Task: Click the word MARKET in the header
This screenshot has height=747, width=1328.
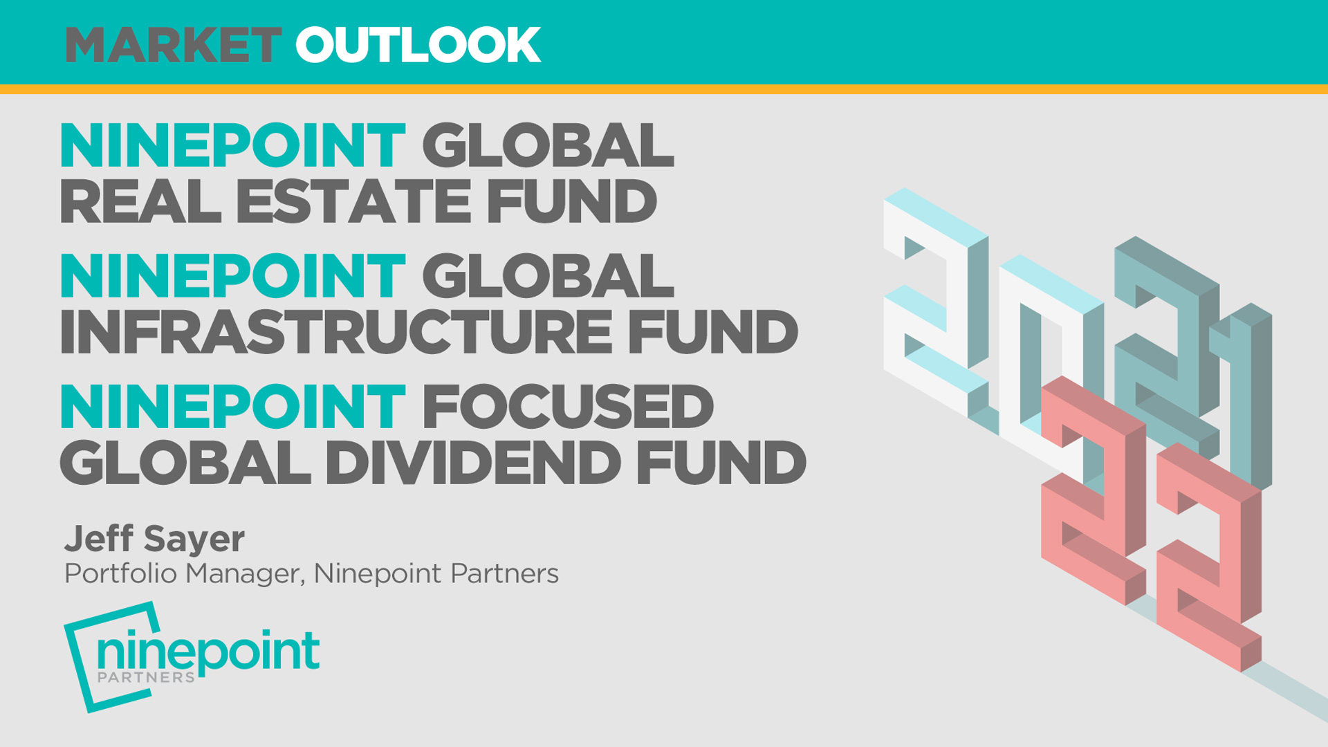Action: (x=173, y=46)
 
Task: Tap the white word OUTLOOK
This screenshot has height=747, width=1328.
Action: (x=418, y=46)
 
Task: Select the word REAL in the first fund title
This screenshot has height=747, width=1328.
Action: (x=140, y=202)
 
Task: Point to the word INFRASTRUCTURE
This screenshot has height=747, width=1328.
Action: (x=336, y=333)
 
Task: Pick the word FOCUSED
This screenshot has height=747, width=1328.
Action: (x=568, y=407)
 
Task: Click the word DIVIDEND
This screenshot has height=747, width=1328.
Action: (x=473, y=463)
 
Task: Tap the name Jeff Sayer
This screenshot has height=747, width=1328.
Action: (x=154, y=539)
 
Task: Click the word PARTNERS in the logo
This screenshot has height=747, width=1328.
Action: (x=146, y=678)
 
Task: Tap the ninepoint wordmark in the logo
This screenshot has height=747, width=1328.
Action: (x=208, y=651)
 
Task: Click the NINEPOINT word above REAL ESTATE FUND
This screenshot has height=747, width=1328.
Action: (x=232, y=146)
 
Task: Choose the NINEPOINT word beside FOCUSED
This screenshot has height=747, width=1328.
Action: (x=232, y=407)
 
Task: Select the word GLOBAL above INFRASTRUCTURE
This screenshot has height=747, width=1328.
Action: (x=548, y=277)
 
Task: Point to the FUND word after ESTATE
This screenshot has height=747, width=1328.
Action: (x=571, y=202)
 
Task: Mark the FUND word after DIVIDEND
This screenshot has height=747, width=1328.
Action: (x=721, y=463)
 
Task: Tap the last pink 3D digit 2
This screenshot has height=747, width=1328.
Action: (x=1210, y=553)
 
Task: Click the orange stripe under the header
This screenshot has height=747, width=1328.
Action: (x=664, y=89)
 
